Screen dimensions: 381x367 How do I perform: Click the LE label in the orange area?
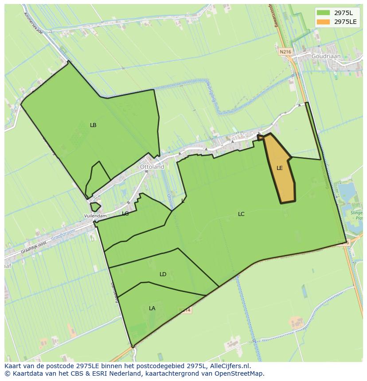click(280, 168)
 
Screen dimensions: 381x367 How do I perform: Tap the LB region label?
click(93, 125)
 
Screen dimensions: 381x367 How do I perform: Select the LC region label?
click(241, 214)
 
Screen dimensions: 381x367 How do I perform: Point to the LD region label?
click(163, 274)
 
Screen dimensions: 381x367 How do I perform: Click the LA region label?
click(152, 308)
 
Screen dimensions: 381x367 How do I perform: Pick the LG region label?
click(125, 214)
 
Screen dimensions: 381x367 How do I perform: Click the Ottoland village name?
click(152, 167)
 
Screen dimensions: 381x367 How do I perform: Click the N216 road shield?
click(285, 52)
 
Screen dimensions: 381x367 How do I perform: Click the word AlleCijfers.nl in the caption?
click(230, 366)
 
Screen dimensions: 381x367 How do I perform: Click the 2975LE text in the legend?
click(346, 21)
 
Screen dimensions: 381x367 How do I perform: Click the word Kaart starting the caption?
click(14, 366)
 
